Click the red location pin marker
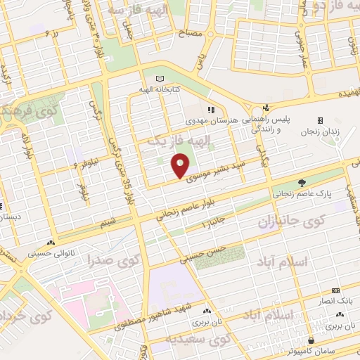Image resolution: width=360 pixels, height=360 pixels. click(180, 166)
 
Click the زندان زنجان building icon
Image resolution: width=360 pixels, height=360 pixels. click(321, 120)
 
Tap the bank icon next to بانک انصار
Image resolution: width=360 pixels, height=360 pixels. click(335, 289)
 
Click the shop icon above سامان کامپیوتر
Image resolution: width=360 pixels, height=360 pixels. click(311, 340)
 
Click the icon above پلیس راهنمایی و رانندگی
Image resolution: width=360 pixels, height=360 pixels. click(266, 108)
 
